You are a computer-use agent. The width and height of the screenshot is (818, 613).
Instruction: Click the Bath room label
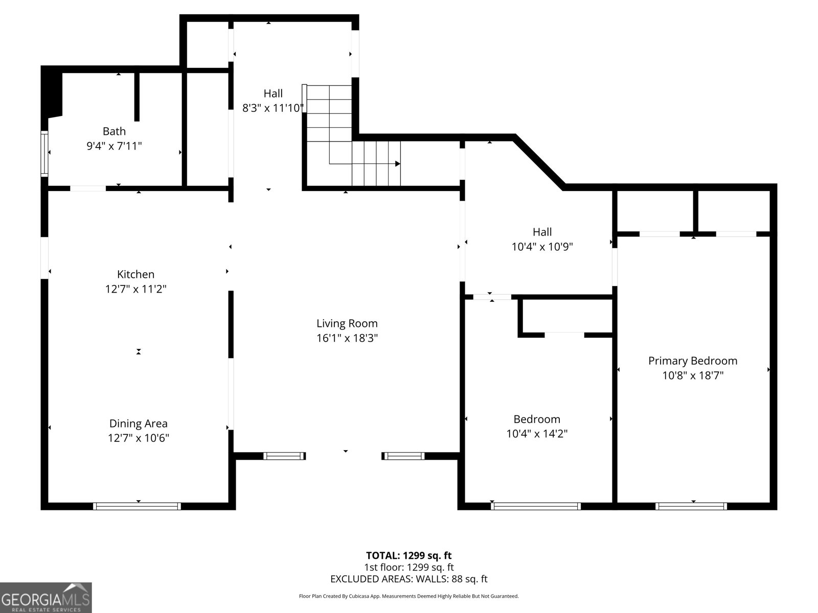[x=114, y=131]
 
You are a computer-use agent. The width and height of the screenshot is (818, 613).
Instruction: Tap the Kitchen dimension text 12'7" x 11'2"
[x=135, y=289]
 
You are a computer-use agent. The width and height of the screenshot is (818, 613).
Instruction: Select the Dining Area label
[x=138, y=423]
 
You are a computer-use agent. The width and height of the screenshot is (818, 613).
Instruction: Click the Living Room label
[x=347, y=323]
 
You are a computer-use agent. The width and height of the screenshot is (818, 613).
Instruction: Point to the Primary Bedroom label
[x=693, y=361]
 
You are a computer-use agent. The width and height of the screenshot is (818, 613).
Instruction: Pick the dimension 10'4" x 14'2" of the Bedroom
[x=537, y=434]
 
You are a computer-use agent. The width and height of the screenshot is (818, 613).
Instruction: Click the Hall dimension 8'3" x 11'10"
[x=273, y=108]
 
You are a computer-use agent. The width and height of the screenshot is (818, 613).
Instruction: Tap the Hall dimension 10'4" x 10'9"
[x=542, y=246]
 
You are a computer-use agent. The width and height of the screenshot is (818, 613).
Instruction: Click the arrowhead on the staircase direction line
[x=398, y=163]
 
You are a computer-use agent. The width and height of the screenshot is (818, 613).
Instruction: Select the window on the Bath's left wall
[x=44, y=153]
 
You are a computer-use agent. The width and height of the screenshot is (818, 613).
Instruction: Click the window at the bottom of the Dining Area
[x=137, y=506]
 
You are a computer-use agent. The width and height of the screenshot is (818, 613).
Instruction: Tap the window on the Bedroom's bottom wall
[x=535, y=506]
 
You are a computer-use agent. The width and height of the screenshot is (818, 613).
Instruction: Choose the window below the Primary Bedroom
[x=691, y=506]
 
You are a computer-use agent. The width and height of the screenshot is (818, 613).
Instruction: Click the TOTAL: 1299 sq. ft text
[x=409, y=556]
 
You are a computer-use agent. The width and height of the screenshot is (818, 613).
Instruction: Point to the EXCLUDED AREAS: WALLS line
[x=409, y=579]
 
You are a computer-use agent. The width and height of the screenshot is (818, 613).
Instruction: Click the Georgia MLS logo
[x=46, y=598]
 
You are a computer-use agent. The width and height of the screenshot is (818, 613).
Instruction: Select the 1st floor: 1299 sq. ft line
[x=409, y=567]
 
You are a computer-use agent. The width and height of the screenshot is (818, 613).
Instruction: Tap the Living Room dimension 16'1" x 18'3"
[x=347, y=338]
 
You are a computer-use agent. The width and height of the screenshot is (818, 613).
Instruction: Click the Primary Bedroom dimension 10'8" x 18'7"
[x=693, y=375]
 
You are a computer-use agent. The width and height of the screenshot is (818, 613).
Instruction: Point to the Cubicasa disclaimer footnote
[x=409, y=596]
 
